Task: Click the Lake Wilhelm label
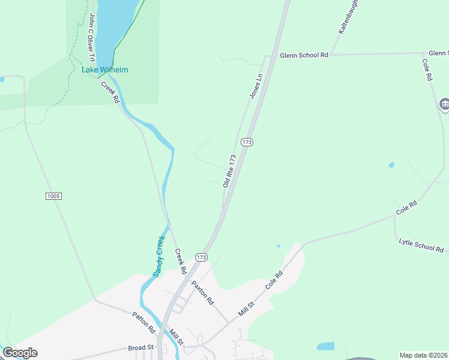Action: [x=105, y=70]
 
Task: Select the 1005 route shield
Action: [x=53, y=196]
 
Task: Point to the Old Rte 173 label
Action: [x=229, y=170]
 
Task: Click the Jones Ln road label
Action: [x=256, y=86]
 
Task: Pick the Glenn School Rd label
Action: [x=304, y=55]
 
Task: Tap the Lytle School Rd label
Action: [x=421, y=245]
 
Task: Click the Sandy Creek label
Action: [x=159, y=257]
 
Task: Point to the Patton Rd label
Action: [x=144, y=322]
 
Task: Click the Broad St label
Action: [x=141, y=347]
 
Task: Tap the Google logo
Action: [x=20, y=353]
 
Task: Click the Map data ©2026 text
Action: [x=423, y=355]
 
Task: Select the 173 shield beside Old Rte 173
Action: [x=247, y=142]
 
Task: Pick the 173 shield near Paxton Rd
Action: [x=201, y=257]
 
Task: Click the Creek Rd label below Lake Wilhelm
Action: [x=110, y=92]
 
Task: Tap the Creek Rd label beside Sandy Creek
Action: [x=180, y=258]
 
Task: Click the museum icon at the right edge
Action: [x=445, y=105]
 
